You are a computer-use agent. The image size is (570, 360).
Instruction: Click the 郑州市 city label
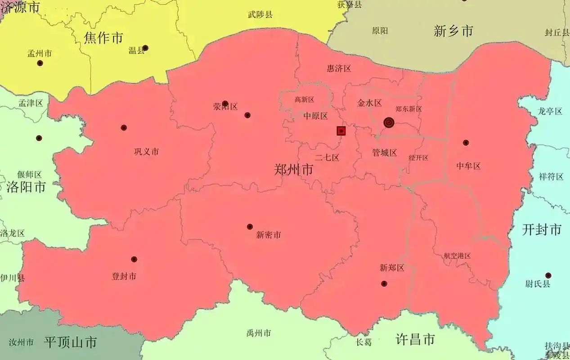293,170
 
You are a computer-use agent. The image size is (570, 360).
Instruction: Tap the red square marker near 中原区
341,131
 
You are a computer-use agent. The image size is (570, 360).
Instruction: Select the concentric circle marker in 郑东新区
389,122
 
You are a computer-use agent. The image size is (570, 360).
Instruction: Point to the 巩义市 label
146,152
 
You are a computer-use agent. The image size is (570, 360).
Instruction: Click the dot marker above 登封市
134,259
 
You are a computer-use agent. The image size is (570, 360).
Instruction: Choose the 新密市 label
269,234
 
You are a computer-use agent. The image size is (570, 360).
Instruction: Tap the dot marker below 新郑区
384,283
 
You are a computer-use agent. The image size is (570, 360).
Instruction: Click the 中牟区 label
468,166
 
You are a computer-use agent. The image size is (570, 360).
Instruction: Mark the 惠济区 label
338,68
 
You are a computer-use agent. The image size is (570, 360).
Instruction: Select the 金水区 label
369,103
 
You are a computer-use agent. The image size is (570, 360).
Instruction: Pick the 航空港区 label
457,256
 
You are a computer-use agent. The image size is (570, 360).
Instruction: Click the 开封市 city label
542,229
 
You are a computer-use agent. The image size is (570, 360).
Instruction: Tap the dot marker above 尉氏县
548,275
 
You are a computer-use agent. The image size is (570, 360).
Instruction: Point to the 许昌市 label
415,339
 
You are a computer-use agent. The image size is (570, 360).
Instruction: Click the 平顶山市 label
70,342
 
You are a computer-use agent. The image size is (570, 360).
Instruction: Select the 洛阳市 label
26,187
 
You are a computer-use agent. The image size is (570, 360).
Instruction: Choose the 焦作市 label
103,38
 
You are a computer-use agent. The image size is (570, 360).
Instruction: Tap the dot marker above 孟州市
40,63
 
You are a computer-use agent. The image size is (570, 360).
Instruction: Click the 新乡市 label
453,31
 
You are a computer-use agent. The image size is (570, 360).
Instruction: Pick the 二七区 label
327,157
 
